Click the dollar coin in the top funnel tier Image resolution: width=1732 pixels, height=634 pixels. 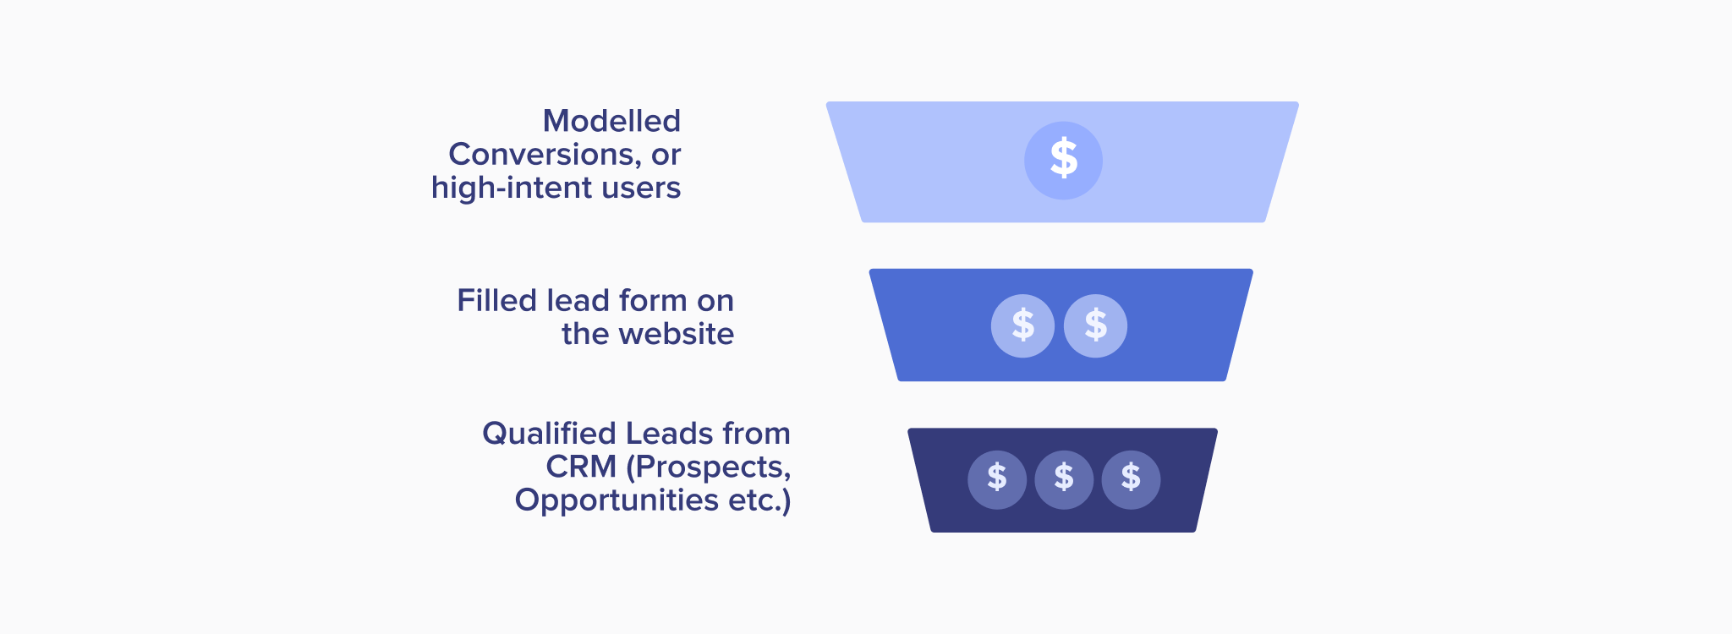point(1063,161)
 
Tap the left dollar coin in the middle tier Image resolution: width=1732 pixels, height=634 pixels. point(1022,326)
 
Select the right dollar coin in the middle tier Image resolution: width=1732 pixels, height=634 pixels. point(1095,326)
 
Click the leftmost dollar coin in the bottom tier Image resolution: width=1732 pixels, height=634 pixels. point(997,479)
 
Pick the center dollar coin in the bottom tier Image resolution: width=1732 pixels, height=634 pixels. point(1064,479)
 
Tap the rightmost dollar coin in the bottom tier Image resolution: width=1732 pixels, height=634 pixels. point(1131,479)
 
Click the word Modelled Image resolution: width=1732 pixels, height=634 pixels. point(611,122)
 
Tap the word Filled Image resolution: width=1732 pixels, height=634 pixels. point(497,301)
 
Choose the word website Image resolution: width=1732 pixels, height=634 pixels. point(677,335)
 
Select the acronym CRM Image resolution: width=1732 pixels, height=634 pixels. point(581,467)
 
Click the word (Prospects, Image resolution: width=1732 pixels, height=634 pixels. point(709,467)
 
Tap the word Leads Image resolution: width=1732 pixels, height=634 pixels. point(671,434)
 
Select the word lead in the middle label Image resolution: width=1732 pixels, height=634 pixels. point(578,301)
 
